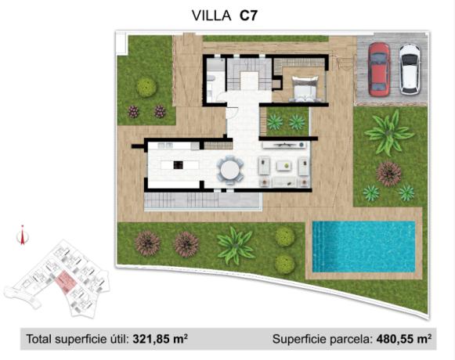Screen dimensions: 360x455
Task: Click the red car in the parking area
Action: (378, 69)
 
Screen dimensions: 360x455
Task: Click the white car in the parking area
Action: (410, 69)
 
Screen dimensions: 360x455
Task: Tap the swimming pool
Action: (363, 246)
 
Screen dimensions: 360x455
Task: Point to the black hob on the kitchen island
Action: (179, 165)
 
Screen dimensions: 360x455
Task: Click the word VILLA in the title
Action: (211, 14)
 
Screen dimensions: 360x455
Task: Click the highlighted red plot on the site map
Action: (63, 281)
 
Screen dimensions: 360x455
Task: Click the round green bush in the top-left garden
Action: (146, 86)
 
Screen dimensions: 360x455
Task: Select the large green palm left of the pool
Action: (236, 245)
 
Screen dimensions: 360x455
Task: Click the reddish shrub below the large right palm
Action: (388, 172)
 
